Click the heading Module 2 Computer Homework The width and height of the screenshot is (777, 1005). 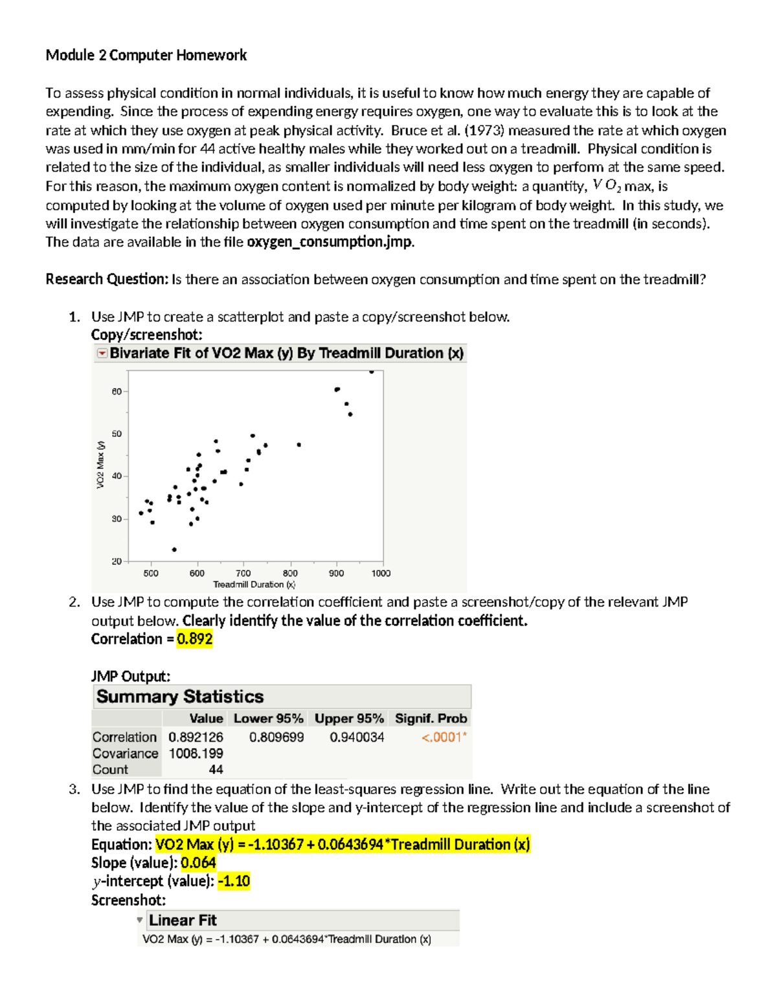pos(146,56)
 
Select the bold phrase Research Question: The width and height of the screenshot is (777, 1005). pos(107,280)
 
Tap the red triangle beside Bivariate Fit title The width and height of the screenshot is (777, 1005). pos(102,353)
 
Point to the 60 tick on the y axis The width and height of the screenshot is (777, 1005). pos(117,392)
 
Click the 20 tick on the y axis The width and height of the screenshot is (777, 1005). pos(117,561)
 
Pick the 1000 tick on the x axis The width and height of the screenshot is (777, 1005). pos(381,573)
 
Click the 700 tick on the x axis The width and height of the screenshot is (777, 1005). pos(243,573)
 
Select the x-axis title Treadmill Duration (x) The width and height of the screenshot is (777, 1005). pos(254,584)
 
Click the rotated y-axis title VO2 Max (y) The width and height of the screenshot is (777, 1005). pos(100,465)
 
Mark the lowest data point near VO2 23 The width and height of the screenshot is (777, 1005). pos(174,549)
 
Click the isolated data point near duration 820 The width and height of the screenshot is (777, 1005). pos(298,445)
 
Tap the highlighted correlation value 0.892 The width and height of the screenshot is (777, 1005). pos(195,639)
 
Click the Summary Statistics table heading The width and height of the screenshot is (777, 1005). pos(180,697)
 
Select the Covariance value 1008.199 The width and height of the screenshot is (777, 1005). pos(196,753)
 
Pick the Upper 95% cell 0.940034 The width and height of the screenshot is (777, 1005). pos(357,737)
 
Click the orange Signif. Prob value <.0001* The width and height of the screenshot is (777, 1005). pos(444,737)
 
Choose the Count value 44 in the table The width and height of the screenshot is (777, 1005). pos(216,769)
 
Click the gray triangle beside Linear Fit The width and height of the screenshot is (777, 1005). pos(140,920)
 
